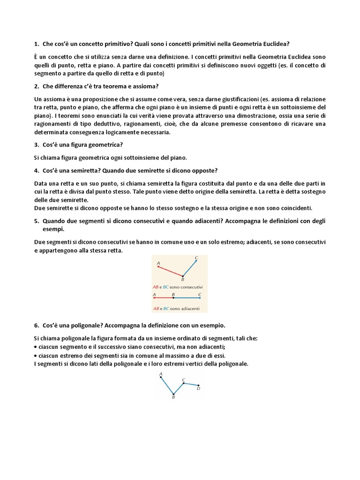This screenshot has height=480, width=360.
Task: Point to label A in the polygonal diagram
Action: (161, 374)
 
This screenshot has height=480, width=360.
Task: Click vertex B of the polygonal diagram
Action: (173, 394)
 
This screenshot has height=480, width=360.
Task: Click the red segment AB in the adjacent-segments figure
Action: (164, 298)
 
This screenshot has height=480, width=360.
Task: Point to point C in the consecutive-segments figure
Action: (196, 261)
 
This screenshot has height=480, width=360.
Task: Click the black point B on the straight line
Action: (173, 298)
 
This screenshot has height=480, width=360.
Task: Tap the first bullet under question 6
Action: (36, 347)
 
